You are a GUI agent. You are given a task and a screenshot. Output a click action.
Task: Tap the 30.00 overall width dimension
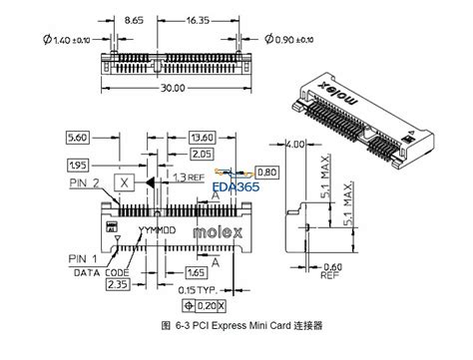(x=172, y=88)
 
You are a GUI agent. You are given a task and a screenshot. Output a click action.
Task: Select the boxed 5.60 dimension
(x=79, y=136)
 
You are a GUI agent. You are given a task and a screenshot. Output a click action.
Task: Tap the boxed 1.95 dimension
(x=77, y=163)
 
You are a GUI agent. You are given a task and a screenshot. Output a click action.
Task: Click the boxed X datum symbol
(x=123, y=183)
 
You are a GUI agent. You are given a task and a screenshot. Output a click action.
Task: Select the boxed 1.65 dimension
(x=198, y=270)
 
